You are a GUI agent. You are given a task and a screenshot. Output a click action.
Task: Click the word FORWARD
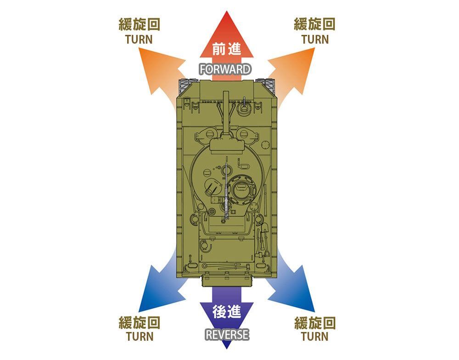point(225,69)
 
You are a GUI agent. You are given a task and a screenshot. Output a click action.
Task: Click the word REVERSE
point(227,335)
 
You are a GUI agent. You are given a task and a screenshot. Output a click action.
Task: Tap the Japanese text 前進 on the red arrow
point(227,49)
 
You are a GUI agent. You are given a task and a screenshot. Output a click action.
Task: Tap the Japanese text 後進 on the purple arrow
point(227,311)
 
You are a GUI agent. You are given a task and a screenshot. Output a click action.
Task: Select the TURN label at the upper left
point(139,39)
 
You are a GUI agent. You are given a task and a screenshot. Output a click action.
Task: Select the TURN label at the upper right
point(315,39)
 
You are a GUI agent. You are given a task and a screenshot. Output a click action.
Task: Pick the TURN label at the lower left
point(140,337)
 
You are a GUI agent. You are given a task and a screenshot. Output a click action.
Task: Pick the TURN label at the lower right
point(314,337)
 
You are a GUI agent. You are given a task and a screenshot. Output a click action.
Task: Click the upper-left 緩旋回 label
point(140,24)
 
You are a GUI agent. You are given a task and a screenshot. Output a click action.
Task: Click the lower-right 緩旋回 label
point(315,323)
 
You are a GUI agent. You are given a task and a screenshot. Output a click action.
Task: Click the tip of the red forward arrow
point(227,11)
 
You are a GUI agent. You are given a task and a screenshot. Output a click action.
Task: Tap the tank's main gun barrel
point(226,113)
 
